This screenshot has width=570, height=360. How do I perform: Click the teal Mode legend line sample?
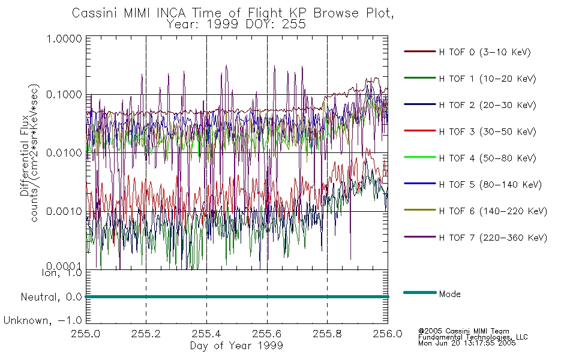click(x=420, y=292)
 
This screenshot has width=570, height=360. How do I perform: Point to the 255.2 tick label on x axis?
click(x=146, y=334)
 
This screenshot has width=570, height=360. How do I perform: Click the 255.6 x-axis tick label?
click(x=267, y=334)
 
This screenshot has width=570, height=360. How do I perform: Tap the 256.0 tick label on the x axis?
click(x=388, y=334)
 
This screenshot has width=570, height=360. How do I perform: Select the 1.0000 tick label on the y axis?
click(x=64, y=38)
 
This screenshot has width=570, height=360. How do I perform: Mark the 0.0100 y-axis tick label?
click(x=64, y=153)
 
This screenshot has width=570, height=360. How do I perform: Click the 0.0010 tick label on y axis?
click(x=64, y=211)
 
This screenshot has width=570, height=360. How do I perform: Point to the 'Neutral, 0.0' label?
click(x=51, y=298)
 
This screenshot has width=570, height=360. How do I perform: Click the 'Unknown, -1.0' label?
click(x=43, y=321)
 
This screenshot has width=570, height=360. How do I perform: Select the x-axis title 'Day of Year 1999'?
click(x=236, y=346)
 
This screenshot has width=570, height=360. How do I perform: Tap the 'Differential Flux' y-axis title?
click(x=25, y=155)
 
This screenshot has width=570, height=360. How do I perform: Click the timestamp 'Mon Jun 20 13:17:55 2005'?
click(x=467, y=343)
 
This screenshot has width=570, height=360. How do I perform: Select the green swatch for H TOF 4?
click(x=420, y=157)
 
